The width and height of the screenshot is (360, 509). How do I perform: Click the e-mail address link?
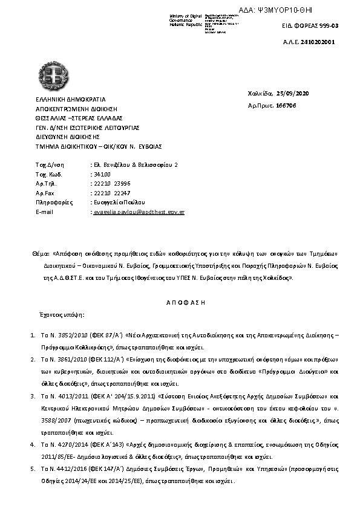pyautogui.click(x=137, y=213)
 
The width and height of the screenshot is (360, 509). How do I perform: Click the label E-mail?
pyautogui.click(x=45, y=213)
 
